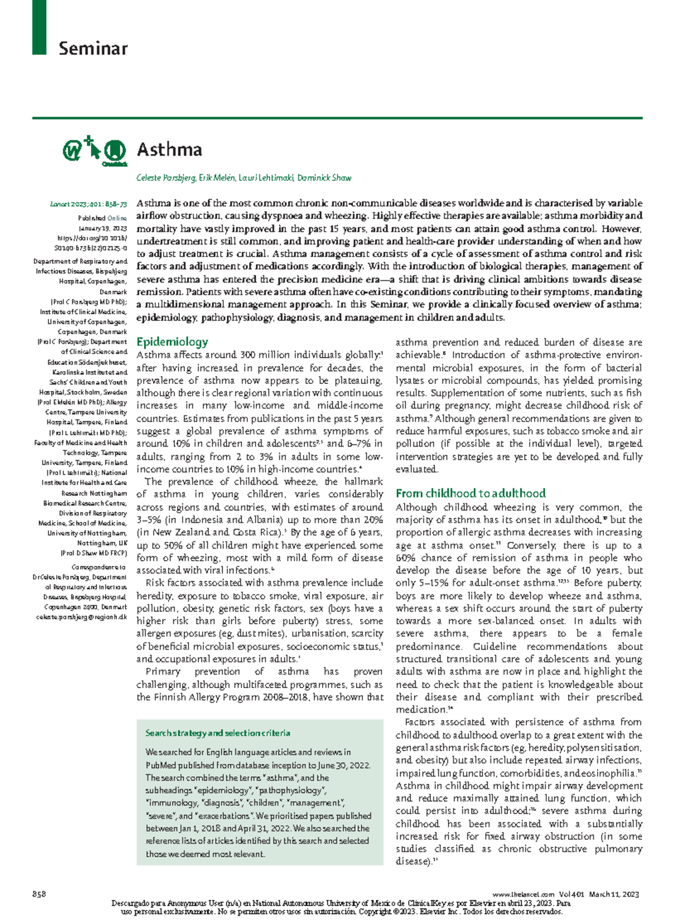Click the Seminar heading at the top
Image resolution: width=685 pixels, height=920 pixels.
pyautogui.click(x=92, y=49)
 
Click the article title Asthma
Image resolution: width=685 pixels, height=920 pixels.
pyautogui.click(x=169, y=150)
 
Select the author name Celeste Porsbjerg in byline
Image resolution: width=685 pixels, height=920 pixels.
pyautogui.click(x=165, y=178)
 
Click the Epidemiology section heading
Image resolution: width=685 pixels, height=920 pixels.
pyautogui.click(x=172, y=342)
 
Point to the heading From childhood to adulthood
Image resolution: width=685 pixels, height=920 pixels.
pyautogui.click(x=470, y=493)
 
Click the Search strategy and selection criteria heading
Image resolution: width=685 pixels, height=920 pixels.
pyautogui.click(x=217, y=733)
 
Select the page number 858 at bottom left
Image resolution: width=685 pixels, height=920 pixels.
pyautogui.click(x=39, y=894)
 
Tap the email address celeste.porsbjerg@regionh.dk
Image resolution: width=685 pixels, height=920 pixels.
pyautogui.click(x=81, y=617)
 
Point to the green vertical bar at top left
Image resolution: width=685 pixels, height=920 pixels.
pyautogui.click(x=39, y=27)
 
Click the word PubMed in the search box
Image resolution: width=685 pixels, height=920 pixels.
pyautogui.click(x=162, y=765)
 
